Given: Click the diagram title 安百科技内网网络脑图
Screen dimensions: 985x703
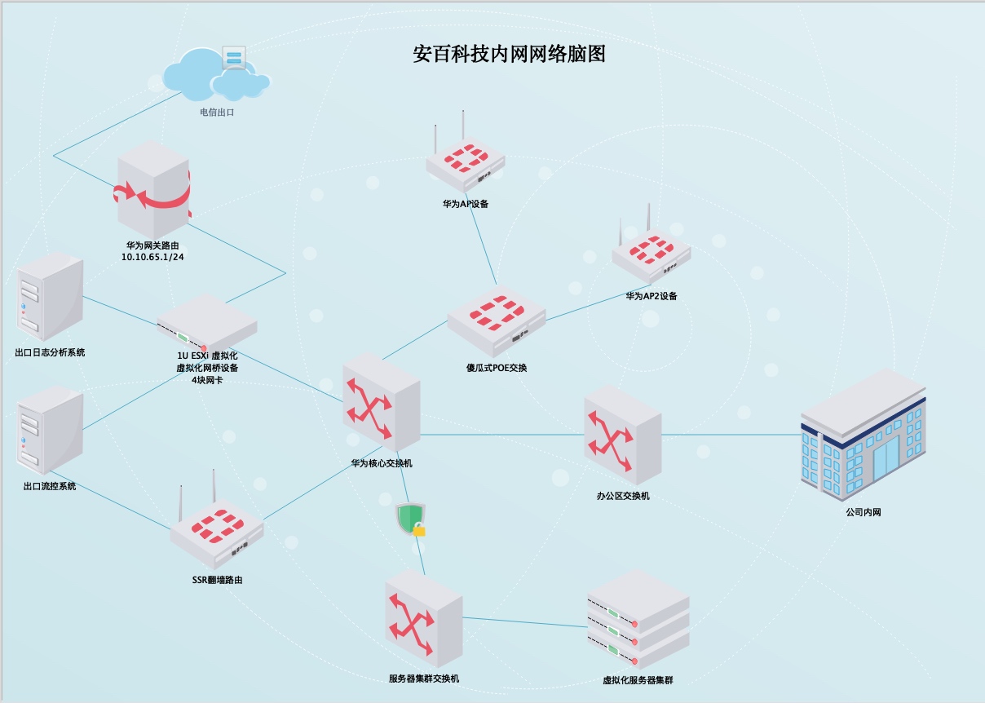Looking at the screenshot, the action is tap(509, 54).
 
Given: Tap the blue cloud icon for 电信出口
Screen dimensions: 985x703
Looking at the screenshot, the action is tap(216, 75).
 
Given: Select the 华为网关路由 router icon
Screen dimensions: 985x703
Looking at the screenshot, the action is tap(153, 189).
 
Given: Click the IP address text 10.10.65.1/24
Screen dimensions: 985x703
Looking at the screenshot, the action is tap(152, 257).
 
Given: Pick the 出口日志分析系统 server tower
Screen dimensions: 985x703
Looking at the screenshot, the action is tap(50, 297).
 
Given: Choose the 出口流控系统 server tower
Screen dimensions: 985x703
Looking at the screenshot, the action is tap(50, 431).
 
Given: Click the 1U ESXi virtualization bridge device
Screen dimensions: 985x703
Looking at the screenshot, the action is tap(207, 323).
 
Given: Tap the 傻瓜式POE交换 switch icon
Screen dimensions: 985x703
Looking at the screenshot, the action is tap(497, 321).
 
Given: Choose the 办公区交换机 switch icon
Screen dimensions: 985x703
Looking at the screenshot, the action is tap(623, 435).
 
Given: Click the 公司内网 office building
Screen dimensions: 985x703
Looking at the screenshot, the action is tap(864, 435).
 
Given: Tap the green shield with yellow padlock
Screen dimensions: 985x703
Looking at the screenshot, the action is tap(411, 520).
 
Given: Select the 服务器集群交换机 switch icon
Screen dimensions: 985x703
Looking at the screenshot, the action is tap(424, 618).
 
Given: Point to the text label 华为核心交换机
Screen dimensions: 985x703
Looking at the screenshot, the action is tap(382, 463).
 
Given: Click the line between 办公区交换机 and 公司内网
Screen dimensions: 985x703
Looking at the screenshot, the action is tap(731, 435).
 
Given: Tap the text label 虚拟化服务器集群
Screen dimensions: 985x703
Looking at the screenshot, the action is tap(638, 680).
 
